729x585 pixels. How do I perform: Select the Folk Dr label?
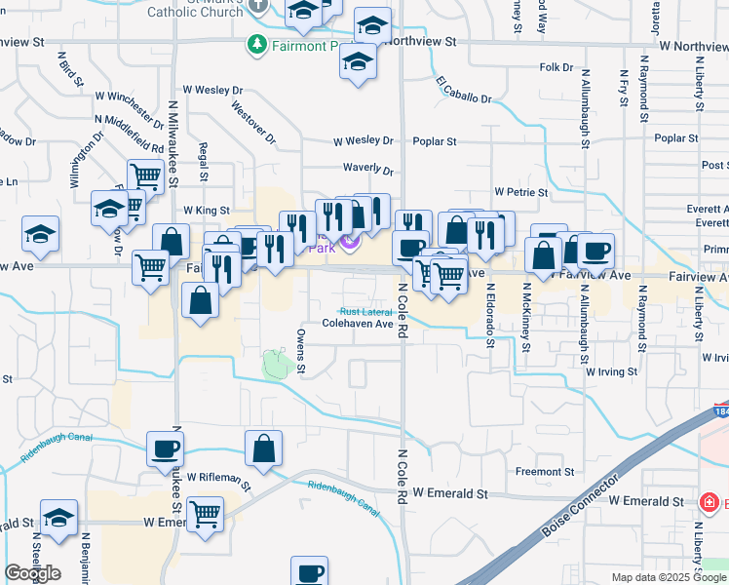click(556, 67)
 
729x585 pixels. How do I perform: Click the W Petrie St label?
click(523, 192)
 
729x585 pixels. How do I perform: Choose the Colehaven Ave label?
click(358, 323)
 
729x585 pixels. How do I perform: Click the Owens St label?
click(301, 352)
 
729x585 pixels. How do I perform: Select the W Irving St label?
click(611, 371)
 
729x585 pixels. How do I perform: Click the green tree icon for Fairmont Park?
click(257, 45)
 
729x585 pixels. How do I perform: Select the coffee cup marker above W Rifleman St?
click(164, 449)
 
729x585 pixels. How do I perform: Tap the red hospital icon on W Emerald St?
click(710, 503)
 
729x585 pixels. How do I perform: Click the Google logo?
click(32, 573)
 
